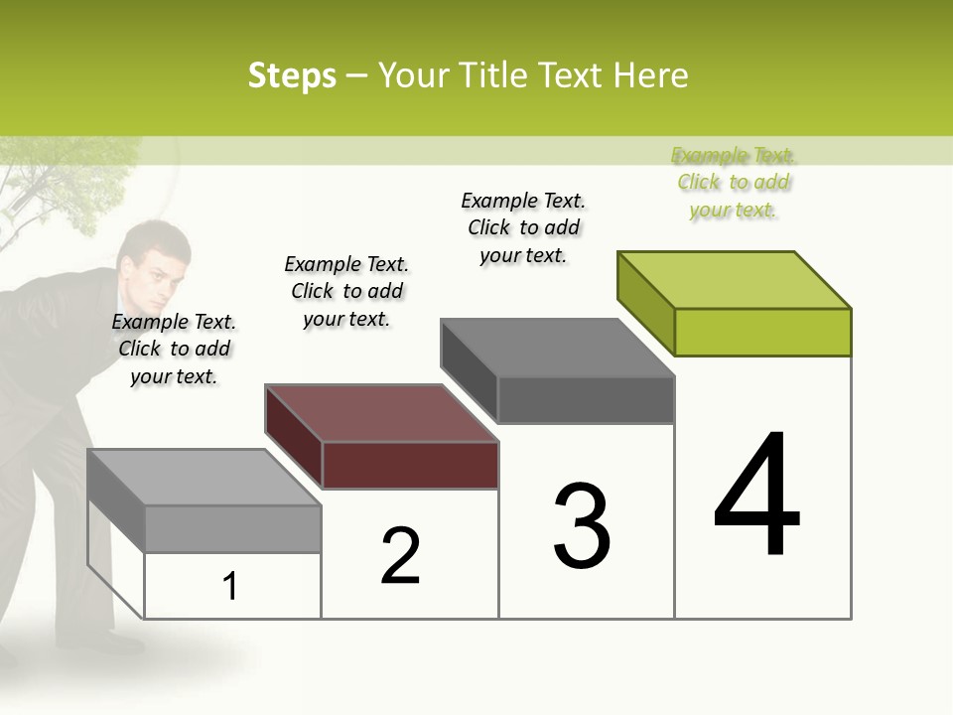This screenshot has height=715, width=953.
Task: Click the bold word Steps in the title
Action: point(292,75)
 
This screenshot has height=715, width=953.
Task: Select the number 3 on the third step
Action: point(582,526)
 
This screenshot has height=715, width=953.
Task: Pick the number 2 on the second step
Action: point(400,556)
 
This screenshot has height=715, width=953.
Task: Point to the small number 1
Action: point(230,586)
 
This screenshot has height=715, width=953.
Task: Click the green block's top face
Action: point(735,279)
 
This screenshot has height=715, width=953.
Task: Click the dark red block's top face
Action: point(382,413)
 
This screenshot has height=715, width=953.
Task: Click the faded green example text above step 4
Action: point(734,182)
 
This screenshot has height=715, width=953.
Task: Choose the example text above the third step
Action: point(523,227)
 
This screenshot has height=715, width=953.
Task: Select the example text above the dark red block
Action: point(346,291)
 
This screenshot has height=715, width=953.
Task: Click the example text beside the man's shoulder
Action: point(174,349)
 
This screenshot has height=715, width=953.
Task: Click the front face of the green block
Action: point(762,332)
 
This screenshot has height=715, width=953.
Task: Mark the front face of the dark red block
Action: point(410,465)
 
